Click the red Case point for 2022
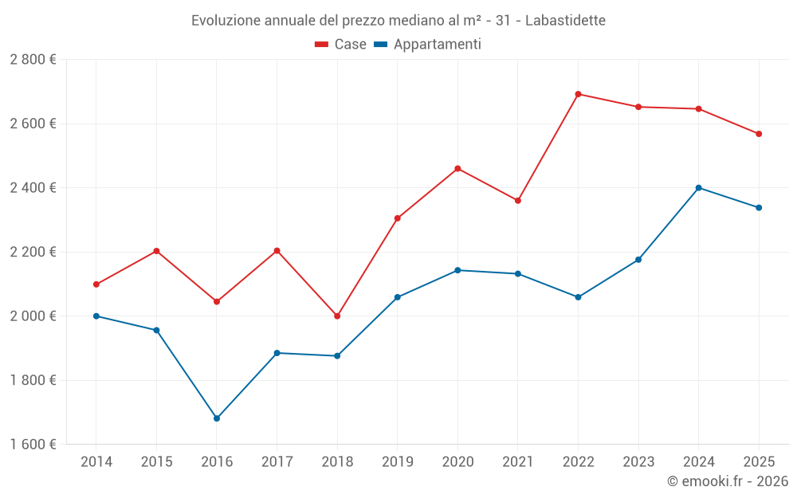click(578, 94)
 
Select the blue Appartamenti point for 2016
click(217, 418)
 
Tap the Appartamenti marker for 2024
click(699, 188)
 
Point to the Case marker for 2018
click(337, 316)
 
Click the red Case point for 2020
click(457, 169)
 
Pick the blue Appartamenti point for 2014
click(96, 316)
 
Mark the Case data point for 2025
click(759, 134)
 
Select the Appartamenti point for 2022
click(578, 297)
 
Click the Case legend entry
click(341, 45)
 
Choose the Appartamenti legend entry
click(428, 45)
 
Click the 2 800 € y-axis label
click(33, 60)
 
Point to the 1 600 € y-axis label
click(33, 445)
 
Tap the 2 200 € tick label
click(33, 252)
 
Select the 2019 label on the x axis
click(397, 462)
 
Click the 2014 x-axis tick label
click(96, 462)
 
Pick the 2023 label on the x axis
click(638, 462)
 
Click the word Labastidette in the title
click(565, 20)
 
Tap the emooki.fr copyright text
click(728, 481)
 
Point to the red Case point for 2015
click(156, 251)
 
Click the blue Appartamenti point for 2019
click(397, 297)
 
